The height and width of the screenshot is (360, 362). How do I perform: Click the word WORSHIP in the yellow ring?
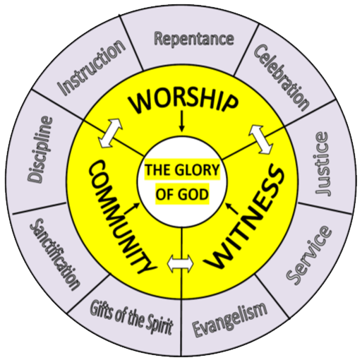click(183, 102)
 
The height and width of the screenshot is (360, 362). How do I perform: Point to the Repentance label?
click(194, 39)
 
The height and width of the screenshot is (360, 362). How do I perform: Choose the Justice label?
click(322, 163)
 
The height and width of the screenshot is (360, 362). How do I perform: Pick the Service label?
click(308, 256)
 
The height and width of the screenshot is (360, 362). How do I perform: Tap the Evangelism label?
click(230, 319)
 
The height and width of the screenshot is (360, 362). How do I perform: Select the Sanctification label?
click(55, 254)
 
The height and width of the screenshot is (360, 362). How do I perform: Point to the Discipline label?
click(40, 149)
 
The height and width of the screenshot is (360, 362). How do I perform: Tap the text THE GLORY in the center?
click(182, 170)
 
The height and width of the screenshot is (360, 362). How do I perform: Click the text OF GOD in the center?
click(182, 194)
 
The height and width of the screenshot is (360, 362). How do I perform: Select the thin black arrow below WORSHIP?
click(181, 121)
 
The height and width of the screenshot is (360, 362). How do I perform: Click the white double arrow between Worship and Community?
click(110, 133)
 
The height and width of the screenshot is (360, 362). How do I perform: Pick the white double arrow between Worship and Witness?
click(261, 140)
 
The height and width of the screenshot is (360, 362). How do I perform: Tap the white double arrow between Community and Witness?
click(181, 264)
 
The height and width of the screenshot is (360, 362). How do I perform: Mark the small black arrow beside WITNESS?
click(232, 208)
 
